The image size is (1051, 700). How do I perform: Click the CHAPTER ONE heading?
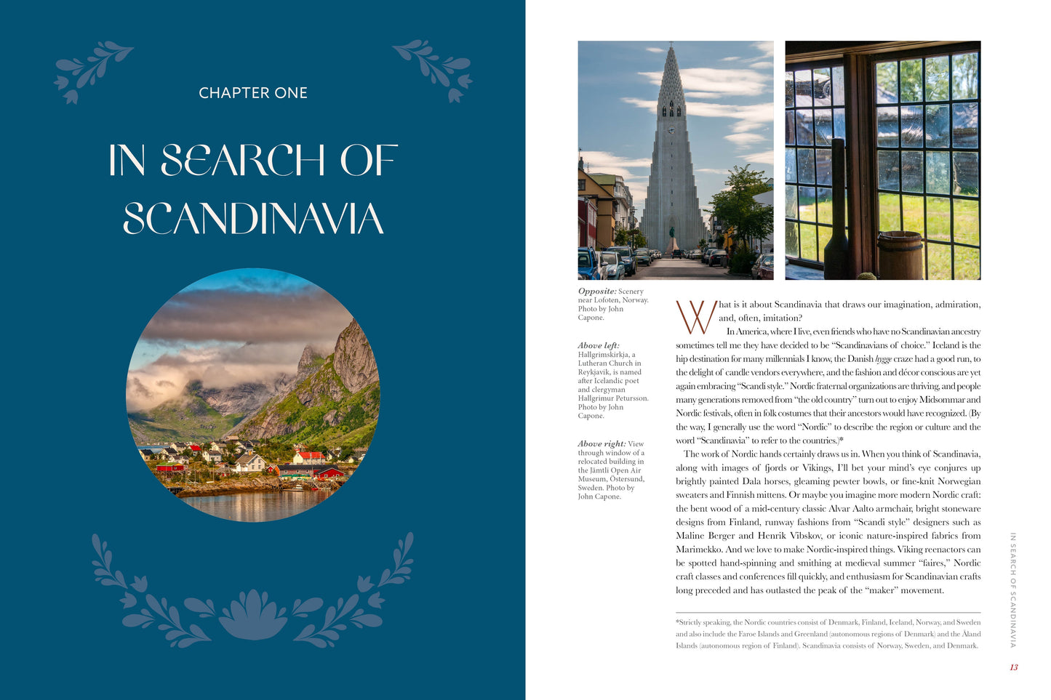tap(253, 93)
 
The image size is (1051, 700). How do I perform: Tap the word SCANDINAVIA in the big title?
tap(253, 219)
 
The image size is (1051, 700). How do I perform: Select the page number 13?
tap(1013, 667)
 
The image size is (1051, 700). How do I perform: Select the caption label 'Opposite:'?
tap(597, 291)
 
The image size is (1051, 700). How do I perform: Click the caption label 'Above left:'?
tap(599, 346)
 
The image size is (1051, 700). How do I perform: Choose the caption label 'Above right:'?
tap(602, 443)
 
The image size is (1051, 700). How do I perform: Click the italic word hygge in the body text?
tap(883, 359)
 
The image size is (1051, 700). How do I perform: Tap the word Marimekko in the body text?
tap(698, 550)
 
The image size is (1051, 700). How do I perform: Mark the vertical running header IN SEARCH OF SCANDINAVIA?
tap(1013, 590)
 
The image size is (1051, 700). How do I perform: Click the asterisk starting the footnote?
tap(678, 622)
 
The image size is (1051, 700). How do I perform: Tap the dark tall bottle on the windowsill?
tap(836, 211)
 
